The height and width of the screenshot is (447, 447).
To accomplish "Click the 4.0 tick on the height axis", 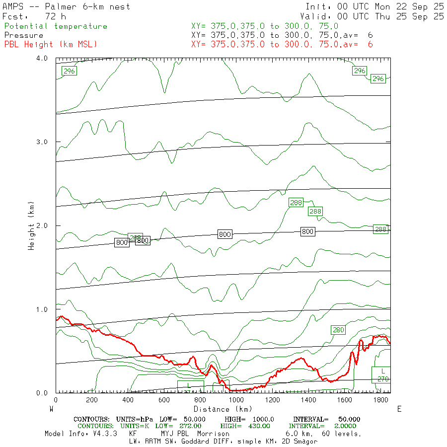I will (42, 59).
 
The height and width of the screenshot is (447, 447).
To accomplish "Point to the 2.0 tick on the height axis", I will (42, 225).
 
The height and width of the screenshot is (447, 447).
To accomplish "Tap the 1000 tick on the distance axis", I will (236, 400).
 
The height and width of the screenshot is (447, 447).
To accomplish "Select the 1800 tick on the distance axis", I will (380, 400).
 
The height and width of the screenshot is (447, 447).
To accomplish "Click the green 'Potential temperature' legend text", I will (55, 26).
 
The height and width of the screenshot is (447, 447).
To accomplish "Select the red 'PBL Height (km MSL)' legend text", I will (50, 44).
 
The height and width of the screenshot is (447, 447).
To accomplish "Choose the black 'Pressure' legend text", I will (23, 35).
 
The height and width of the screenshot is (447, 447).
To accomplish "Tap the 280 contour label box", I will (338, 330).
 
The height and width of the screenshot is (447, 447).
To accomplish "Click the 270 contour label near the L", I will (383, 379).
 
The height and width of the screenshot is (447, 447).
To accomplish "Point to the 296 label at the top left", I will (69, 71).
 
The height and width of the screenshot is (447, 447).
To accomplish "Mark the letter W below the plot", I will (51, 409).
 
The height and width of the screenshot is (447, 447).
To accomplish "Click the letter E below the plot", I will (399, 409).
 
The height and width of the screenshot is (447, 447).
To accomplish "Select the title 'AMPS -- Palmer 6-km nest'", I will (67, 6).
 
